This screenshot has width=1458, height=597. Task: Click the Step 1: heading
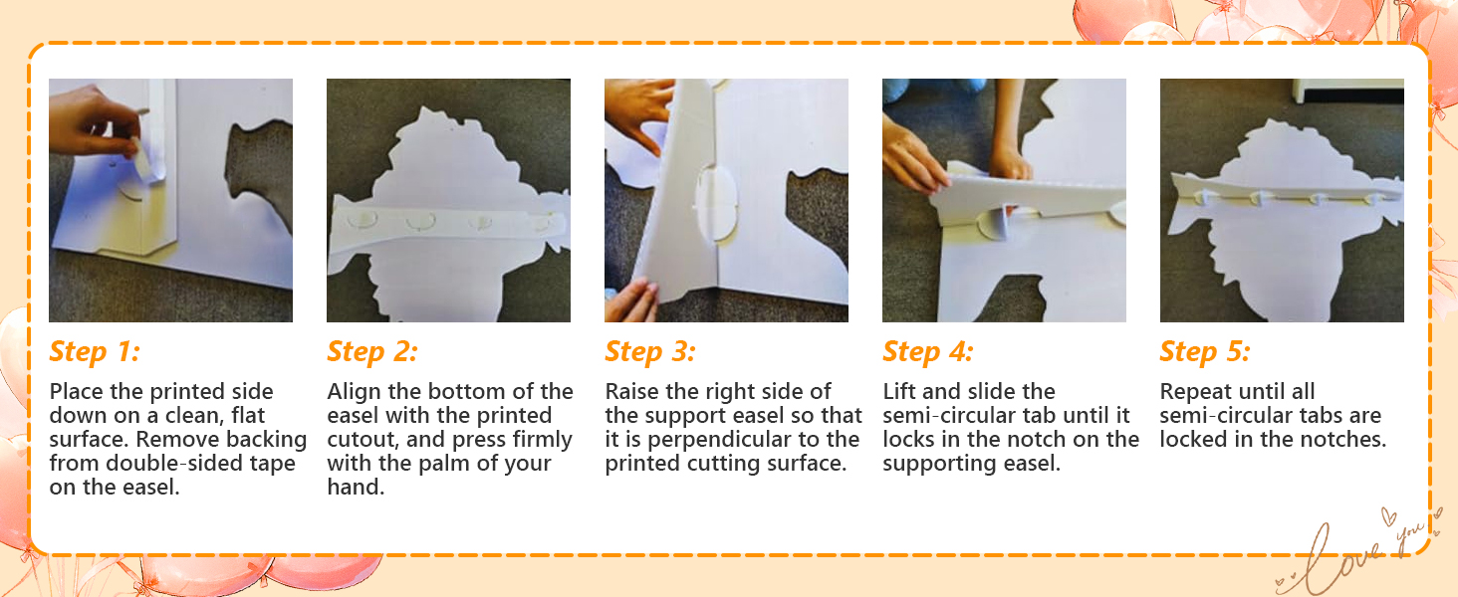tap(95, 352)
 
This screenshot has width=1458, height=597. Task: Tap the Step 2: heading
tap(372, 352)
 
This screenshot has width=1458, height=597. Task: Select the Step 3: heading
tap(650, 352)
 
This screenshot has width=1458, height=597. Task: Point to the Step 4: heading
tap(928, 352)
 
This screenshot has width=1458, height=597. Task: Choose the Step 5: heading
tap(1205, 352)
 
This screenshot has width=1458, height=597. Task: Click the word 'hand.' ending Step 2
tap(357, 488)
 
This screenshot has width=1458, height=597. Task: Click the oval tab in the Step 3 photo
tap(715, 202)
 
